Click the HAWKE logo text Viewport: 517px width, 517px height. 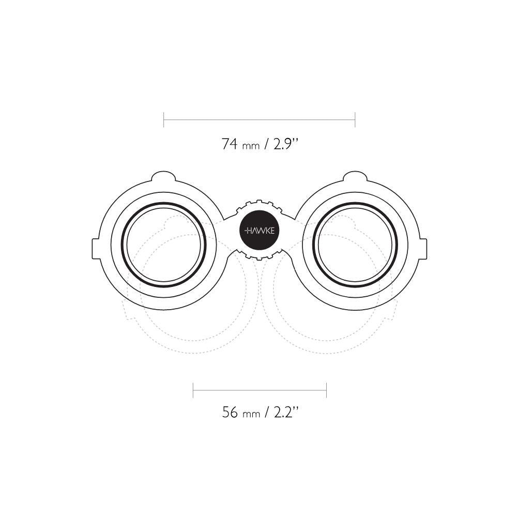[x=260, y=231]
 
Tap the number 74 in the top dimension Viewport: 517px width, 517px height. [x=230, y=144]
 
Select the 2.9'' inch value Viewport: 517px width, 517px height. [x=286, y=144]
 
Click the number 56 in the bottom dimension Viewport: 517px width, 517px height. [x=230, y=412]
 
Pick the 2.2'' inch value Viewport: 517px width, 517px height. [x=286, y=412]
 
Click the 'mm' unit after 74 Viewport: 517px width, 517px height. [x=251, y=146]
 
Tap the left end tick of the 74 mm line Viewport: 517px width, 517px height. [x=164, y=120]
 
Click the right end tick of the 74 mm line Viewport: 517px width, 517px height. [x=355, y=120]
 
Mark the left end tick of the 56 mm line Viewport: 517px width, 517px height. [x=193, y=390]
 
